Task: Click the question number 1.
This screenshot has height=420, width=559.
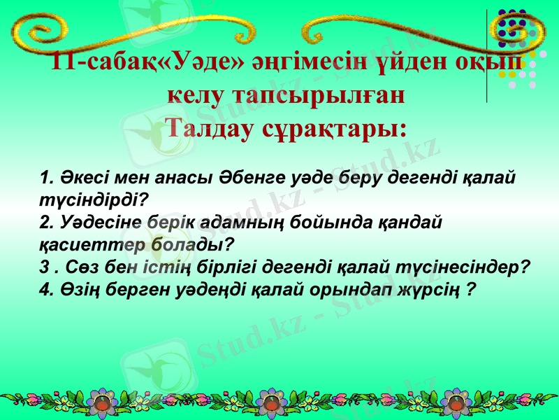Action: pos(46,176)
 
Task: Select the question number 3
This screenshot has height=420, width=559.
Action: pos(44,267)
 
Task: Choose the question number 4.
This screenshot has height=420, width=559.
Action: pos(46,290)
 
